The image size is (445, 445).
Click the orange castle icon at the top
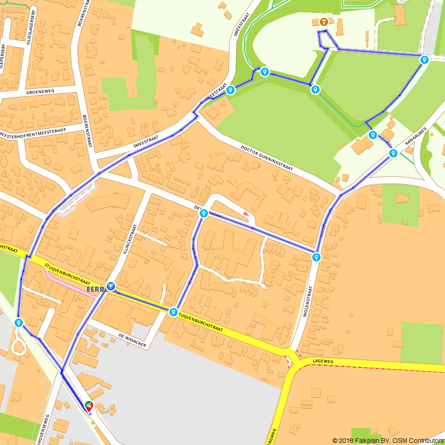pyautogui.click(x=324, y=21)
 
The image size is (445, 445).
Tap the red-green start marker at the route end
pyautogui.click(x=89, y=406)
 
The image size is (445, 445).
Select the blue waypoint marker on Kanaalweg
pyautogui.click(x=393, y=154)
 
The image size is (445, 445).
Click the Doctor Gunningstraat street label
pyautogui.click(x=267, y=158)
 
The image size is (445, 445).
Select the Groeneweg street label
pyautogui.click(x=40, y=91)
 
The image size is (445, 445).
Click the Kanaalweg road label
pyautogui.click(x=416, y=137)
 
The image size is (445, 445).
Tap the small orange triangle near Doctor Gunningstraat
pyautogui.click(x=246, y=214)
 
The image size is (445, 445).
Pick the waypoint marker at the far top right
pyautogui.click(x=425, y=60)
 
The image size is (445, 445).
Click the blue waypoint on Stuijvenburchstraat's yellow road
pyautogui.click(x=173, y=312)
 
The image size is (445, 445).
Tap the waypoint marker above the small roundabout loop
pyautogui.click(x=18, y=323)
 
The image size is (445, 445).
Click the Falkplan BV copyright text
pyautogui.click(x=388, y=440)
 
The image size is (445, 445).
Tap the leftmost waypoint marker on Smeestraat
pyautogui.click(x=231, y=90)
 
